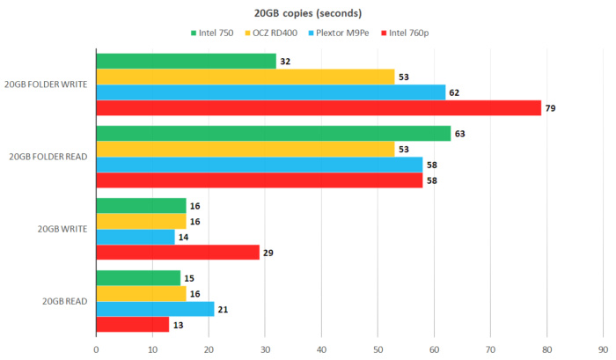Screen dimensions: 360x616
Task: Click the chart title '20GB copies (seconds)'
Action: (x=307, y=13)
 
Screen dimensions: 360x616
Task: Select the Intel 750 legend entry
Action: (x=216, y=33)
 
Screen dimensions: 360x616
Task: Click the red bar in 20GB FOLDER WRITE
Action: (x=318, y=108)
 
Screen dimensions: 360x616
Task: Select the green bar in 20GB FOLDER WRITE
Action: (x=186, y=62)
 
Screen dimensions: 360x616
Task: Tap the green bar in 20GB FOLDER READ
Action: (x=273, y=134)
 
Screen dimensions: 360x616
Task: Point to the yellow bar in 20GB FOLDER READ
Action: (x=245, y=149)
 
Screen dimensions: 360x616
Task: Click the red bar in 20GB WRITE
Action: (x=177, y=253)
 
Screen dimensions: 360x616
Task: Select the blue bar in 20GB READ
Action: (x=155, y=309)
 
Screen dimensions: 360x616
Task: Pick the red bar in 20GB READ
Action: (x=132, y=325)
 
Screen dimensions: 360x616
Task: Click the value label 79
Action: (x=551, y=108)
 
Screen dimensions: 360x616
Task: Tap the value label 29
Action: (x=269, y=253)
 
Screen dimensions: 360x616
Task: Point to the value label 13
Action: (x=179, y=325)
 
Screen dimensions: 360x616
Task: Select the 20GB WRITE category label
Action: (x=61, y=229)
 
